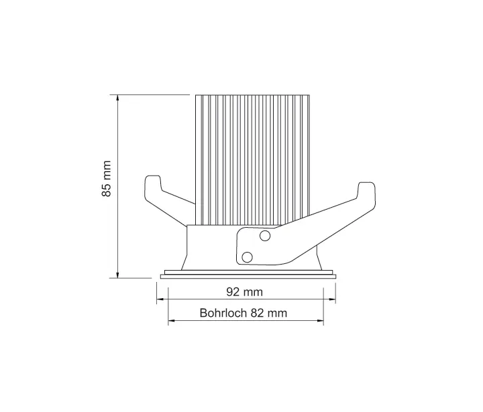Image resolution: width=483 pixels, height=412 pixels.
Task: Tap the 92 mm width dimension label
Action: [244, 291]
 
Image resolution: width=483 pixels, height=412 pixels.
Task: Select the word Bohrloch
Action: [223, 313]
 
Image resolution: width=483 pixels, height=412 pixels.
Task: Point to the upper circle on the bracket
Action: [265, 235]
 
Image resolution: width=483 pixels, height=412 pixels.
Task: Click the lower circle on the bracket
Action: [247, 256]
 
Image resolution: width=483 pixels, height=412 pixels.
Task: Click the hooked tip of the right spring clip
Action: [368, 190]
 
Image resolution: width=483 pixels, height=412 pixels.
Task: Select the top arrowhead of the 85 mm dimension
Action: [119, 98]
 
